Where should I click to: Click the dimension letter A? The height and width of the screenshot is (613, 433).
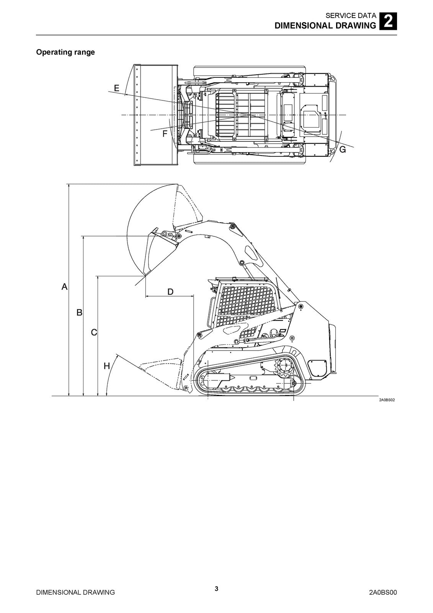pyautogui.click(x=65, y=286)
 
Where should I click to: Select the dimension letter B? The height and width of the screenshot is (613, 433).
pyautogui.click(x=79, y=313)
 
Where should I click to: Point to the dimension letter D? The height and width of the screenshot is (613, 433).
pyautogui.click(x=170, y=292)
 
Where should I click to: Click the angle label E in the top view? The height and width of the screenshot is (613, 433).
pyautogui.click(x=116, y=88)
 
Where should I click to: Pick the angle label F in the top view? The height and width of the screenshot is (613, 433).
pyautogui.click(x=165, y=134)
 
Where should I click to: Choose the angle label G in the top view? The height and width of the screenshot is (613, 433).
pyautogui.click(x=343, y=149)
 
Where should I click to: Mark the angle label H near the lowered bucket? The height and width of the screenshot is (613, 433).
pyautogui.click(x=107, y=366)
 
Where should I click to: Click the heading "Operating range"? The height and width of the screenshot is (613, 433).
pyautogui.click(x=65, y=52)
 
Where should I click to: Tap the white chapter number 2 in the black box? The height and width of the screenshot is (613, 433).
pyautogui.click(x=388, y=21)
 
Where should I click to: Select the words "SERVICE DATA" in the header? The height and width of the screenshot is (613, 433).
pyautogui.click(x=351, y=16)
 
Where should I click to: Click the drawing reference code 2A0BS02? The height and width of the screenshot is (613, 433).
pyautogui.click(x=387, y=400)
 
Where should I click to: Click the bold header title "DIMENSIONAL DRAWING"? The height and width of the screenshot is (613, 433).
pyautogui.click(x=325, y=26)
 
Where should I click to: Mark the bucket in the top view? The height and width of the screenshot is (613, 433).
pyautogui.click(x=155, y=115)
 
